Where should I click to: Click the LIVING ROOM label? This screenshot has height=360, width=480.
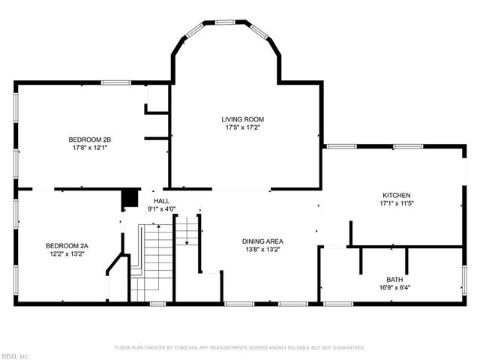pyautogui.click(x=242, y=119)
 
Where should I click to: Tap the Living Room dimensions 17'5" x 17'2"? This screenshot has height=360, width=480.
pyautogui.click(x=242, y=127)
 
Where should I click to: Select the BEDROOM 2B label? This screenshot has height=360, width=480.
pyautogui.click(x=90, y=139)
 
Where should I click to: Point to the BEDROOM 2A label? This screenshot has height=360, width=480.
pyautogui.click(x=67, y=246)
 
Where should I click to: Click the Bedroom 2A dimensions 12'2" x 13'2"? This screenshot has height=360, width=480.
pyautogui.click(x=67, y=253)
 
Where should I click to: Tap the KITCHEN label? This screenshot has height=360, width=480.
pyautogui.click(x=397, y=195)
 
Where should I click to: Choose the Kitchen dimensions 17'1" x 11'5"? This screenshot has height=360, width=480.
pyautogui.click(x=397, y=203)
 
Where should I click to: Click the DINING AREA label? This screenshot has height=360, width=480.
pyautogui.click(x=262, y=241)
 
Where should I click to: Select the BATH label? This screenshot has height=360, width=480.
pyautogui.click(x=394, y=280)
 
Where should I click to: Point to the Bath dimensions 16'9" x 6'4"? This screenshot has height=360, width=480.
pyautogui.click(x=394, y=288)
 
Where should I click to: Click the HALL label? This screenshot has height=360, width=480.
pyautogui.click(x=161, y=201)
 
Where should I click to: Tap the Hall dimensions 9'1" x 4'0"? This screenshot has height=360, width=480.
pyautogui.click(x=161, y=209)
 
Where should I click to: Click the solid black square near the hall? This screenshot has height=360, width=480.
pyautogui.click(x=130, y=198)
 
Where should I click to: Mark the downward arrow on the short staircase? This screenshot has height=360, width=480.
pyautogui.click(x=187, y=230)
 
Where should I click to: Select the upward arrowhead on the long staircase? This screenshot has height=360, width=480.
pyautogui.click(x=158, y=226)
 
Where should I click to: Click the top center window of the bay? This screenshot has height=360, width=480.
pyautogui.click(x=225, y=22)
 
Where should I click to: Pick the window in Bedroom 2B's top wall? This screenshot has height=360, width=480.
pyautogui.click(x=116, y=82)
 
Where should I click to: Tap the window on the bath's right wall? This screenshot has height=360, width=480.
pyautogui.click(x=464, y=280)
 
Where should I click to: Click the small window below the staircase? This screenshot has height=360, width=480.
pyautogui.click(x=157, y=304)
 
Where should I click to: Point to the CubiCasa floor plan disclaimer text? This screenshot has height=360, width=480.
pyautogui.click(x=240, y=348)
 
